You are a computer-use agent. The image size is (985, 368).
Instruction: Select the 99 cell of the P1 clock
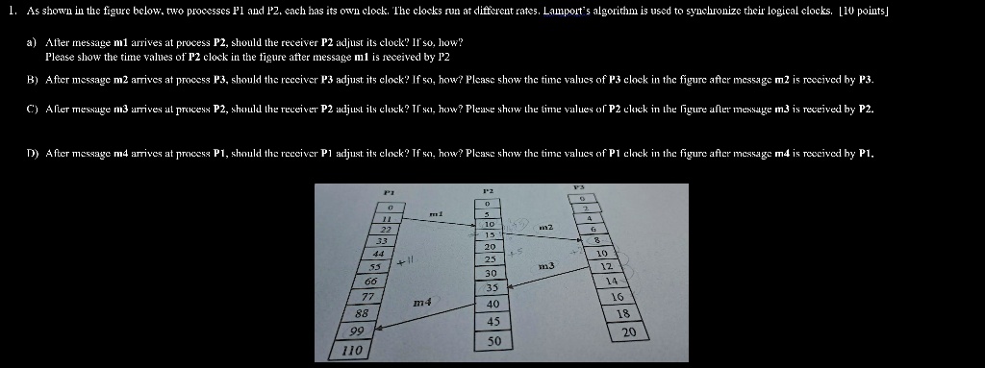pyautogui.click(x=359, y=331)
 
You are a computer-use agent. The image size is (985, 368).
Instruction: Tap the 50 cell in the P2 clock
pyautogui.click(x=493, y=341)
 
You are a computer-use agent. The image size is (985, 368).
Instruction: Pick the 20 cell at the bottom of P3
pyautogui.click(x=629, y=331)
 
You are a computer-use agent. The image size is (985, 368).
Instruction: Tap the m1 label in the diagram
pyautogui.click(x=435, y=214)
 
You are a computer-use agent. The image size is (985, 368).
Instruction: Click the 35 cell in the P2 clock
pyautogui.click(x=492, y=287)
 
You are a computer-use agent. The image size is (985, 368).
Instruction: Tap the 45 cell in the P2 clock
pyautogui.click(x=492, y=321)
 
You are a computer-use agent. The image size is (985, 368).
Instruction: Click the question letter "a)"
pyautogui.click(x=32, y=44)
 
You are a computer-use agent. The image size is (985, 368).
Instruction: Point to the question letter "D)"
pyautogui.click(x=32, y=154)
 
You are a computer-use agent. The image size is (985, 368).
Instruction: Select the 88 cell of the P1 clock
pyautogui.click(x=362, y=313)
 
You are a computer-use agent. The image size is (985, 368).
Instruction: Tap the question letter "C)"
pyautogui.click(x=32, y=110)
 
